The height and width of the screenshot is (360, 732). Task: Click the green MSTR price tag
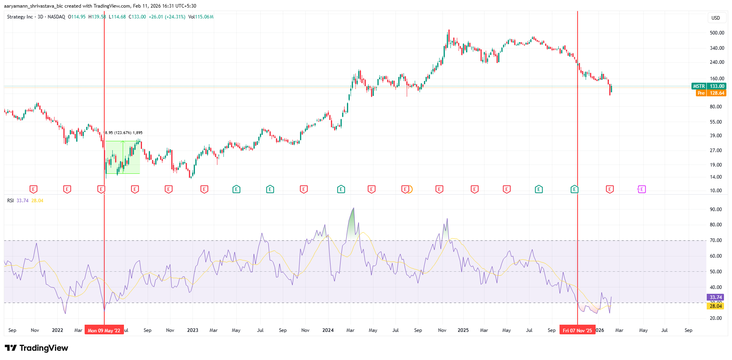click(x=709, y=86)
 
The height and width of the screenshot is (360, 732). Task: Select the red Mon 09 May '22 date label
click(x=104, y=331)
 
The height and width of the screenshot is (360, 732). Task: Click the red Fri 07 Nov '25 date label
click(x=577, y=331)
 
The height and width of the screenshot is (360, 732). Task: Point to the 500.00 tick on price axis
click(x=717, y=33)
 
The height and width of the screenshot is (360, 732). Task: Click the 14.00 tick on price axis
click(x=716, y=177)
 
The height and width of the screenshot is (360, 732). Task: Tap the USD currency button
click(x=716, y=18)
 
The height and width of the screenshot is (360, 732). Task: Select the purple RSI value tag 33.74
click(x=716, y=297)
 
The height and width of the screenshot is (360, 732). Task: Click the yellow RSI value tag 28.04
click(x=716, y=306)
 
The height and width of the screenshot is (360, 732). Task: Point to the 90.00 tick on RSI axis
click(x=716, y=209)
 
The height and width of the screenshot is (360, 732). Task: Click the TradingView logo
click(x=36, y=348)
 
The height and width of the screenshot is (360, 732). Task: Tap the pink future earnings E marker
click(x=641, y=189)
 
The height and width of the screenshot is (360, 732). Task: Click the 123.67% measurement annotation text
click(x=124, y=133)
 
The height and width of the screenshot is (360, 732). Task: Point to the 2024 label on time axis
click(x=328, y=330)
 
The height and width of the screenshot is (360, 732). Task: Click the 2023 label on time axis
click(x=193, y=330)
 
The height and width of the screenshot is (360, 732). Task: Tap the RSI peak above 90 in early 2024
click(x=353, y=208)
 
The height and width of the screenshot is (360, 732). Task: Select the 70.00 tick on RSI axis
click(x=716, y=240)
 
